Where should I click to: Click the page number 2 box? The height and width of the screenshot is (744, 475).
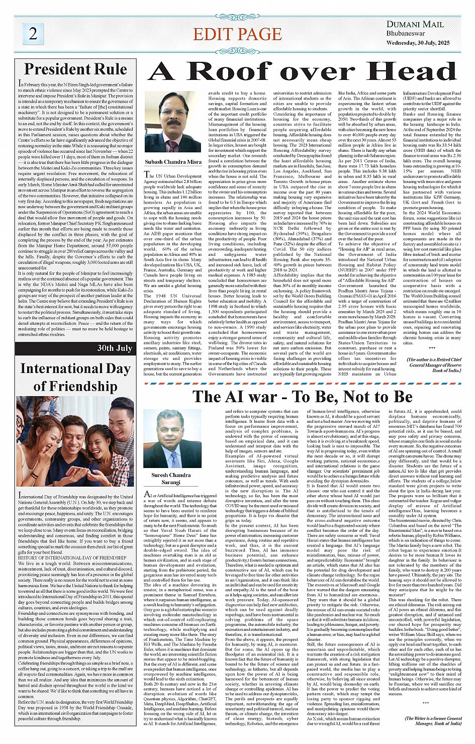click(33, 33)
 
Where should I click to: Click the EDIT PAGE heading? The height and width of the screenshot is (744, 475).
click(237, 34)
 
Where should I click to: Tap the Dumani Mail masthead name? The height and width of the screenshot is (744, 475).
click(415, 24)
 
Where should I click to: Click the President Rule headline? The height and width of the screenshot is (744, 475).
click(75, 68)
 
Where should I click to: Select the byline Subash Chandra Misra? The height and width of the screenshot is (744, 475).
click(173, 162)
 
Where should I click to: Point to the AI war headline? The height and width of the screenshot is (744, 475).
click(303, 397)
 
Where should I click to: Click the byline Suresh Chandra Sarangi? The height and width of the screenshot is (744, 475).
click(171, 479)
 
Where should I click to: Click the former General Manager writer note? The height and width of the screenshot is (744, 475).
click(433, 721)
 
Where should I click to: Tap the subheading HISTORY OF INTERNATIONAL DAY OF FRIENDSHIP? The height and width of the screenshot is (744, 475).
click(72, 558)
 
